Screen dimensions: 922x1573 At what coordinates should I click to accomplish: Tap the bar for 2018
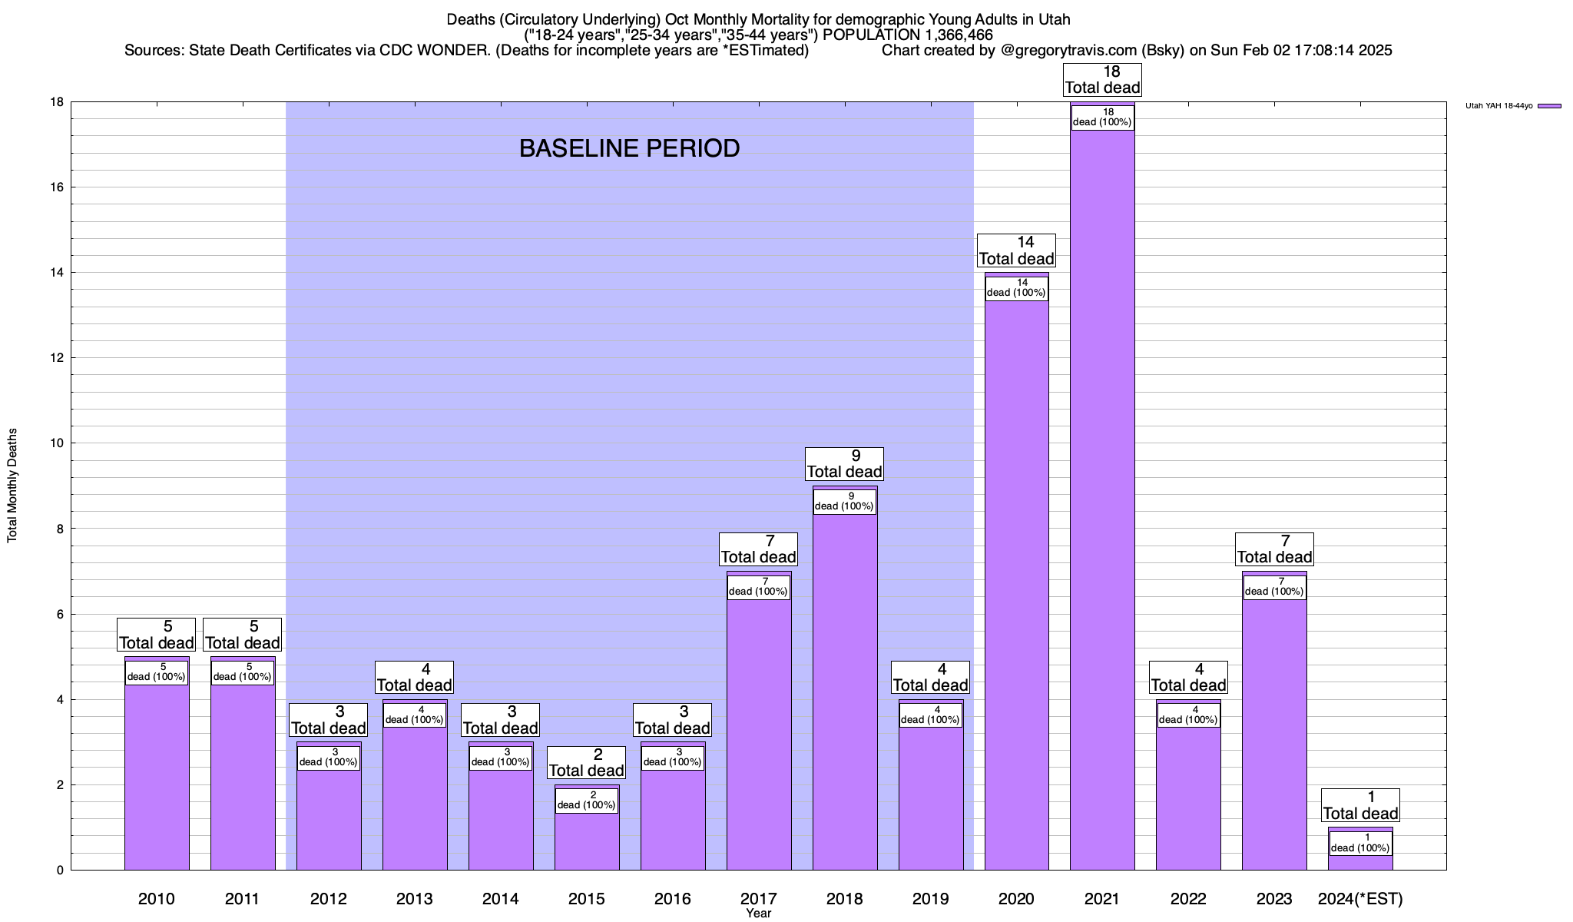click(x=844, y=691)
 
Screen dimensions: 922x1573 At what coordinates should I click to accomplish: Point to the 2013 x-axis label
click(x=414, y=898)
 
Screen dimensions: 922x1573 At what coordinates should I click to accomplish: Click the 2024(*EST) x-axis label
click(x=1360, y=898)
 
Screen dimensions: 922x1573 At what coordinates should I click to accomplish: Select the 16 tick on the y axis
click(x=58, y=187)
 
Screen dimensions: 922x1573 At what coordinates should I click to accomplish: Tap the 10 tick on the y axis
click(x=58, y=443)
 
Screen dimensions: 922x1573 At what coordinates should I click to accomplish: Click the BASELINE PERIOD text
click(x=629, y=148)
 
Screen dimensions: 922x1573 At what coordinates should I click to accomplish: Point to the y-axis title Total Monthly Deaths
click(x=12, y=486)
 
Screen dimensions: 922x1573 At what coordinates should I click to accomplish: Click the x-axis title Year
click(x=758, y=914)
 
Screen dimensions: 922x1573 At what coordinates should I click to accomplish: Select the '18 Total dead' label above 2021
click(x=1102, y=80)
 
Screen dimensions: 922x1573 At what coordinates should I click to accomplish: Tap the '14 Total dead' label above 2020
click(x=1016, y=251)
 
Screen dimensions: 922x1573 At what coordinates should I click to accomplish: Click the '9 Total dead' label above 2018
click(x=844, y=464)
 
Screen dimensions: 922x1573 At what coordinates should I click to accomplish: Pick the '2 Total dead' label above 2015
click(x=587, y=763)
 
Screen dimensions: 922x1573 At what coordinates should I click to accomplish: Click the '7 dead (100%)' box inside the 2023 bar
click(x=1274, y=587)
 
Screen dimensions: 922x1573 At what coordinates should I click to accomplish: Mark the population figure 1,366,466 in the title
click(x=946, y=35)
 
